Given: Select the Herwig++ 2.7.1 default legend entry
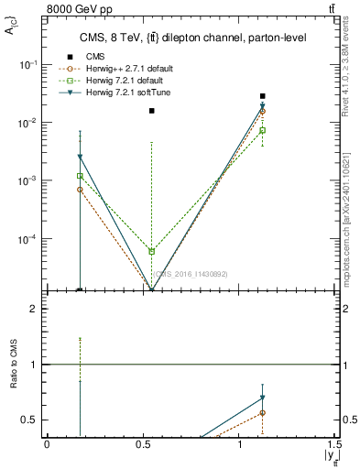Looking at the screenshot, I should point(119,69).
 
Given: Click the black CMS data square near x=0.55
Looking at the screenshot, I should point(152,111).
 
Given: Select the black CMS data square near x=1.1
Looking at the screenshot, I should point(263,96).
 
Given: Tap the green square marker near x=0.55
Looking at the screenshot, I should point(152,251).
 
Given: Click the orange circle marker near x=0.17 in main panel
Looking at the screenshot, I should point(80,190).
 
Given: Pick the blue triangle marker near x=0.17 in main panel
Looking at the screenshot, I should point(80,158).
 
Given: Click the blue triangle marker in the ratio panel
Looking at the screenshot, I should point(263,398).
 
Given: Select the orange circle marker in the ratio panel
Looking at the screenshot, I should point(263,412).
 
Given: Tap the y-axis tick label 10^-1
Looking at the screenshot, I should point(30,65).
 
